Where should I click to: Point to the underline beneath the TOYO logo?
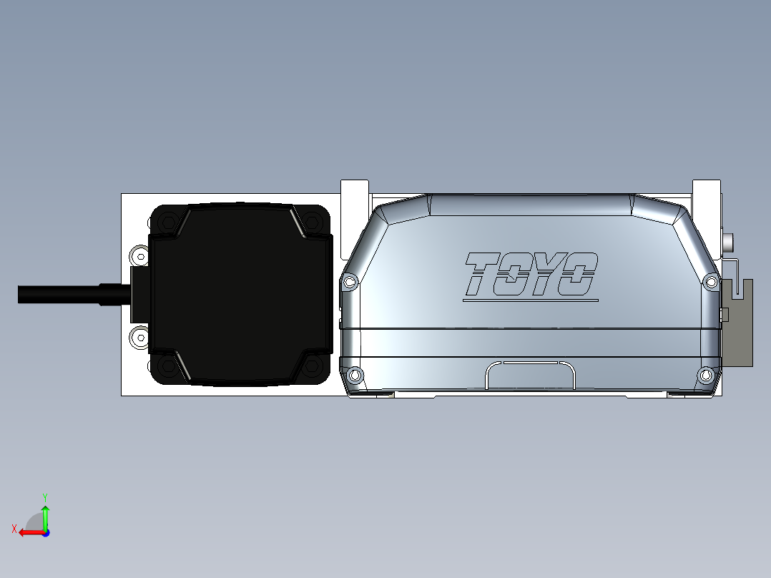coord(530,300)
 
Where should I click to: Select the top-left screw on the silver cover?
coord(350,282)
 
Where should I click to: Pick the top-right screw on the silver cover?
coord(711,281)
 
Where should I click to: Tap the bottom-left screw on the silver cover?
coord(354,375)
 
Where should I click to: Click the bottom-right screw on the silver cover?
coord(706,375)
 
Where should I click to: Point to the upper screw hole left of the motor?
coord(139,256)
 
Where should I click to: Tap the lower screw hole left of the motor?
coord(139,335)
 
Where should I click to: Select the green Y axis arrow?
coord(45,514)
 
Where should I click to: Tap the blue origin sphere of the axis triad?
coord(45,532)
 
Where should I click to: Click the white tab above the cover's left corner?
coord(355,194)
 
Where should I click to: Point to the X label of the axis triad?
coord(14,529)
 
